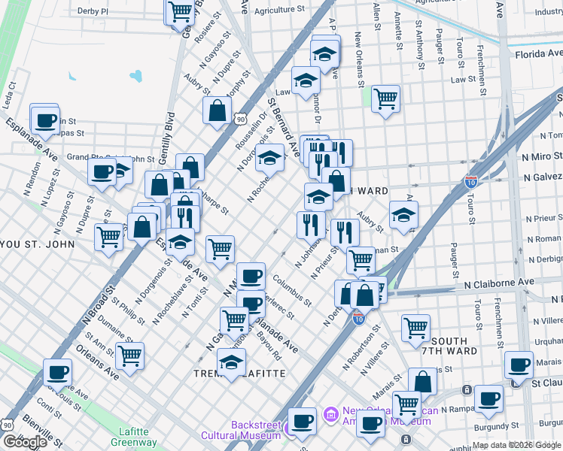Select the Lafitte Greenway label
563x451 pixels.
(x=138, y=437)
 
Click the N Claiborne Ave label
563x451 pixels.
(x=499, y=283)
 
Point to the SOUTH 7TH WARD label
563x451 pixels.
(x=455, y=346)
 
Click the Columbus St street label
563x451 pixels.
(x=292, y=289)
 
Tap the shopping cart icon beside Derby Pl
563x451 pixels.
(x=180, y=11)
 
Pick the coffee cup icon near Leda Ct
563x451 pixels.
(x=44, y=119)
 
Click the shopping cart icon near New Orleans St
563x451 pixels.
(x=385, y=98)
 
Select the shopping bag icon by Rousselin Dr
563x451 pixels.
(x=217, y=110)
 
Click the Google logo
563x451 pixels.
(x=25, y=442)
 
